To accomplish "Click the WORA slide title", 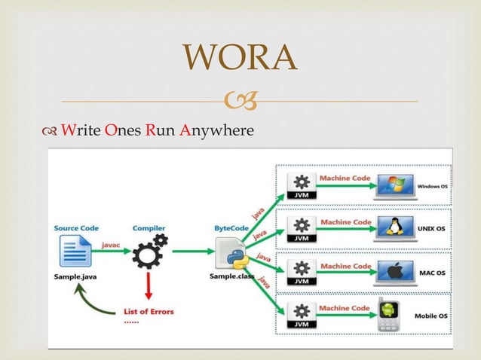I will click(x=240, y=58).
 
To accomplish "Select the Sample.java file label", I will click(x=73, y=276).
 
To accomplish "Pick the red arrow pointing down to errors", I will click(x=149, y=285).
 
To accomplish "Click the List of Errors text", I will click(x=149, y=311).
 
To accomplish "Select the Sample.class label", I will click(x=232, y=276).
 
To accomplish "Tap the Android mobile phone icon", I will click(x=389, y=316).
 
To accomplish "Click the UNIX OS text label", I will click(x=432, y=229).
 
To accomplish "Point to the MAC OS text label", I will click(x=432, y=273).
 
